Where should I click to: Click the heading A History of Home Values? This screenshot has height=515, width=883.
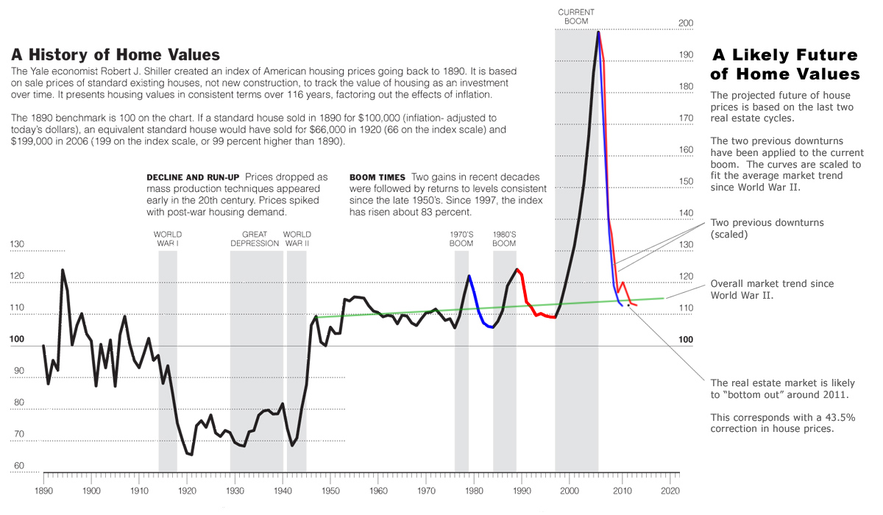tap(116, 55)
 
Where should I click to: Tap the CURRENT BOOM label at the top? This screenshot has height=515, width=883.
tap(576, 16)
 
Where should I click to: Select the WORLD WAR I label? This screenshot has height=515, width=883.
tap(168, 238)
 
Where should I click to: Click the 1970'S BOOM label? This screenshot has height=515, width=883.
tap(461, 238)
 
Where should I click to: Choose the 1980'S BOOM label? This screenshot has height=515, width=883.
tap(504, 238)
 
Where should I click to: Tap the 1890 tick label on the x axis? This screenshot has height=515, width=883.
tap(44, 489)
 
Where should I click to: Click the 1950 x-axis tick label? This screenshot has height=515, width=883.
tap(331, 489)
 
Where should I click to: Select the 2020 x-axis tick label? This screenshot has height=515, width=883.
tap(670, 489)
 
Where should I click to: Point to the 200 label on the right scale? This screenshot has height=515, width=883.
tap(686, 24)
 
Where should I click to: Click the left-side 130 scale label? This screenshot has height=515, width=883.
tap(17, 245)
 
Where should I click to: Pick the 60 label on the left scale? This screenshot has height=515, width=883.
tap(18, 466)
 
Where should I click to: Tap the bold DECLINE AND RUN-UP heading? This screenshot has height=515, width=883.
tap(194, 177)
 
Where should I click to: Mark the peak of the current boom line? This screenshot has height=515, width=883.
tap(598, 32)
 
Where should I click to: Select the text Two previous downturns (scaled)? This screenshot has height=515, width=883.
tap(767, 228)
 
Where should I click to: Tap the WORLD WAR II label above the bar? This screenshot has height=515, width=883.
tap(296, 238)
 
